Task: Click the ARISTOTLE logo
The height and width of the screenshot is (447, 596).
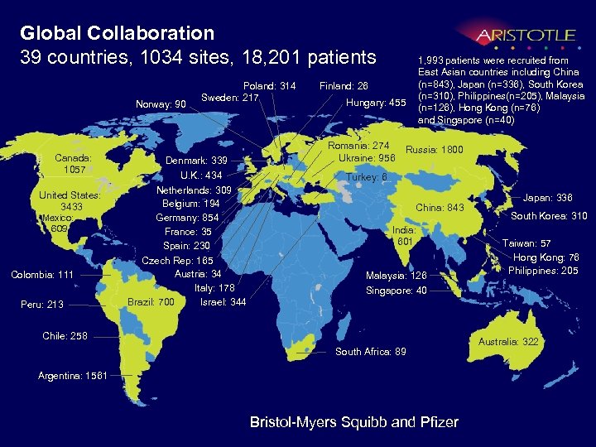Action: tap(525, 35)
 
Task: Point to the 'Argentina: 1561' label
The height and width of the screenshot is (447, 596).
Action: tap(73, 376)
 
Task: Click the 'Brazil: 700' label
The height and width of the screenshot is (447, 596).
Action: tap(151, 302)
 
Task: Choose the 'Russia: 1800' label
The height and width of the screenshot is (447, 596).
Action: tap(435, 151)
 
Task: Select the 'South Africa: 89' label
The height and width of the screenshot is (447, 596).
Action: tap(372, 352)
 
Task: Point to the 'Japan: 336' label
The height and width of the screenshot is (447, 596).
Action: tap(547, 198)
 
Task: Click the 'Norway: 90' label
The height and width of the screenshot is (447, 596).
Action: tap(161, 104)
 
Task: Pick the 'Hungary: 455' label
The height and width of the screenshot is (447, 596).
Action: tap(376, 103)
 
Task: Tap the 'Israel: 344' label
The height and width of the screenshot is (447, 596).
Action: tap(223, 301)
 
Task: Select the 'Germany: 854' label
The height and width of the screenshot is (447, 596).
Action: tap(187, 218)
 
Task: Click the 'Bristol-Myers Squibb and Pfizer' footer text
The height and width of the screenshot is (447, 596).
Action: tap(353, 422)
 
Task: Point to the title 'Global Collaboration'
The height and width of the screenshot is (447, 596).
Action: tap(117, 33)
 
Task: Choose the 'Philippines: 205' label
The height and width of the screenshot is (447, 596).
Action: tap(543, 271)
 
